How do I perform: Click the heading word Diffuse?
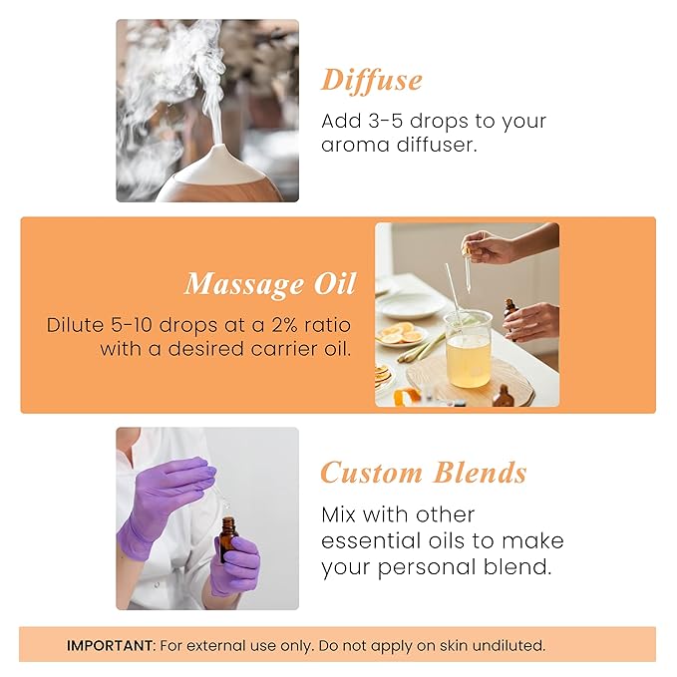371,80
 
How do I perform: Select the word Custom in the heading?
371,472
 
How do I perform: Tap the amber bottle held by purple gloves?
229,539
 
